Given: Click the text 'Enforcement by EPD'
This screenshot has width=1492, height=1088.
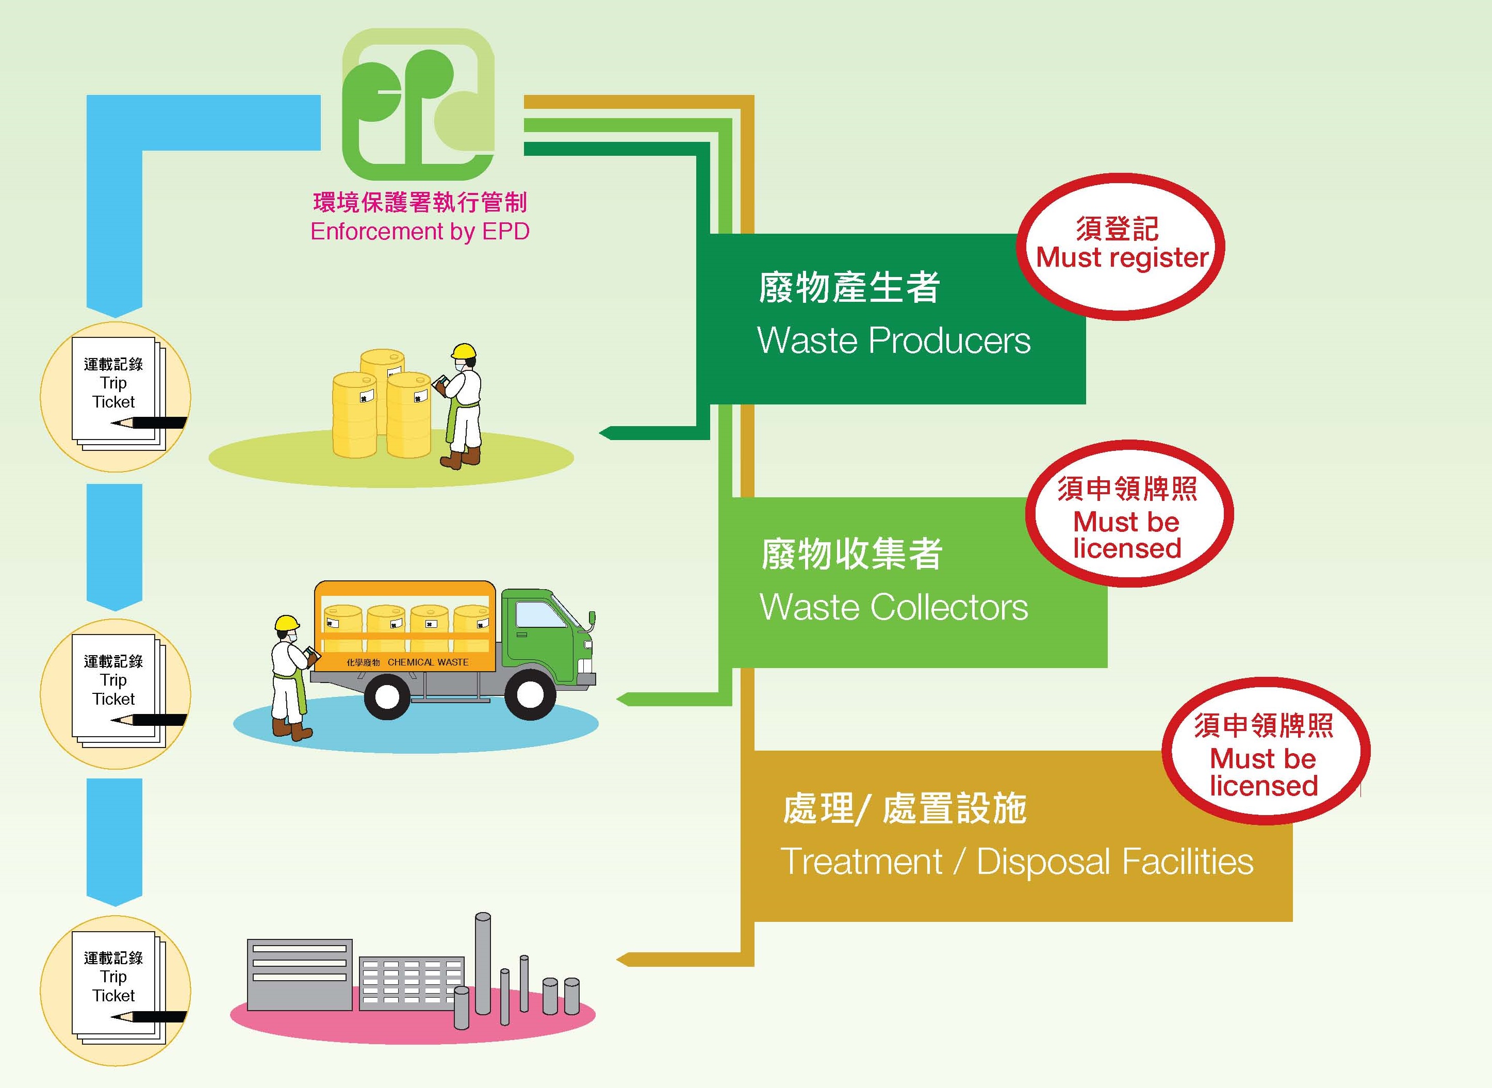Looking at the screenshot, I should coord(419,232).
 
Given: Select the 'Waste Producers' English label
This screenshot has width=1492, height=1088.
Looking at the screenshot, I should coord(893,340).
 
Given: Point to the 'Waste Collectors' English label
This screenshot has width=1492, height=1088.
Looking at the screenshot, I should coord(893,607).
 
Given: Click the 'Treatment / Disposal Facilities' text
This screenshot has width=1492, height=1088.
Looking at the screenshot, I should coord(1016,862).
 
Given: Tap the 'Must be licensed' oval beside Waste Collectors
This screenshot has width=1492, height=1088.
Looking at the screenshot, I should coord(1128,514).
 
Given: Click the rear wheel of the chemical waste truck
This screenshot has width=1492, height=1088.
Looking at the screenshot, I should coord(386,695).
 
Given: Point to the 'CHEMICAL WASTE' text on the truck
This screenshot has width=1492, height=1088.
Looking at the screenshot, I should coord(428,662).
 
